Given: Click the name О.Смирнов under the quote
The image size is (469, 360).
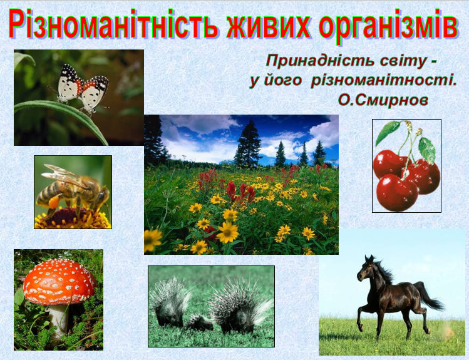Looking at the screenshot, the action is [x=383, y=100].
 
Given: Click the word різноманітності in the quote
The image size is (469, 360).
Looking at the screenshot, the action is [x=383, y=81].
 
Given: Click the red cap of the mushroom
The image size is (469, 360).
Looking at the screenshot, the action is [x=59, y=281].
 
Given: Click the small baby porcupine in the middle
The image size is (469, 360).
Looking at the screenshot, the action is [x=199, y=322].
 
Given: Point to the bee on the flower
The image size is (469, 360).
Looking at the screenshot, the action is [x=73, y=189].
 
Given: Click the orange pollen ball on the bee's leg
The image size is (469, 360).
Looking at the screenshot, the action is [x=54, y=202].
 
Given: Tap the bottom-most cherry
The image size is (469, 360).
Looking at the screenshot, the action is [x=396, y=193].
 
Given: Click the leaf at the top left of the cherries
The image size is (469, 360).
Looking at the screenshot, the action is [x=388, y=132].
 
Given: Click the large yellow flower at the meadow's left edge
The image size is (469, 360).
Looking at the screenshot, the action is [x=152, y=240].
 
